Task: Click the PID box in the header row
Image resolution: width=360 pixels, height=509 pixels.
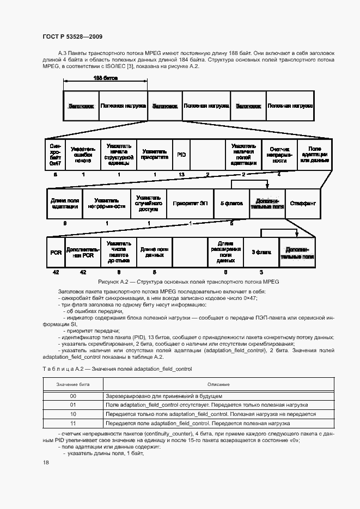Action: (181, 155)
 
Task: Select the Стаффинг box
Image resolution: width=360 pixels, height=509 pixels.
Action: (303, 204)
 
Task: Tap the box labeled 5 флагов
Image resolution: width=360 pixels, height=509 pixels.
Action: (231, 204)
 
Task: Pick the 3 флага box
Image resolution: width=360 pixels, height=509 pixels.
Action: (261, 253)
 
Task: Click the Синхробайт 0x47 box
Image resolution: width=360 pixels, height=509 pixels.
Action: (55, 155)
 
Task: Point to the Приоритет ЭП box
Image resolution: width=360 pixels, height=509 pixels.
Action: (190, 204)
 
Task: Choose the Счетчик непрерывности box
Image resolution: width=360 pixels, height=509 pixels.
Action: (279, 155)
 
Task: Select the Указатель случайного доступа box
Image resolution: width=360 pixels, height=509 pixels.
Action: (148, 204)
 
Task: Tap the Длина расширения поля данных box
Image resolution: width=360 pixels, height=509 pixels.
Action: (225, 253)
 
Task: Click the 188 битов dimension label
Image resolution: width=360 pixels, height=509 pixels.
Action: (105, 78)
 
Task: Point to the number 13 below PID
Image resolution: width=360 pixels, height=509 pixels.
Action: (181, 175)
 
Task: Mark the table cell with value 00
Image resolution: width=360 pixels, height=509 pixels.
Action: (72, 396)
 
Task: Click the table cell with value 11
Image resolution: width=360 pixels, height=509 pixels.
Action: (72, 422)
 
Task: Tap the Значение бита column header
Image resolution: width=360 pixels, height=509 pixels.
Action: (72, 385)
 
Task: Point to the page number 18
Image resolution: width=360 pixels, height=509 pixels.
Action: (46, 462)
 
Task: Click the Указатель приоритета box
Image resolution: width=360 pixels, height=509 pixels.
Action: (155, 155)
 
